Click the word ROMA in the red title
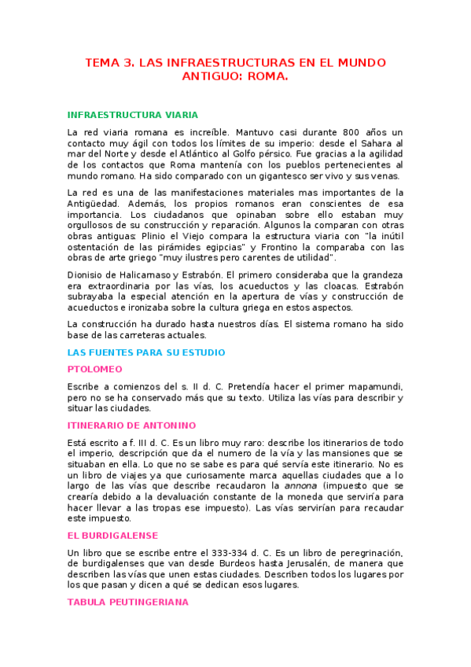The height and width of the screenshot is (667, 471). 267,78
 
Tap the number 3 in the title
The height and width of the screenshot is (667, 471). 129,63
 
